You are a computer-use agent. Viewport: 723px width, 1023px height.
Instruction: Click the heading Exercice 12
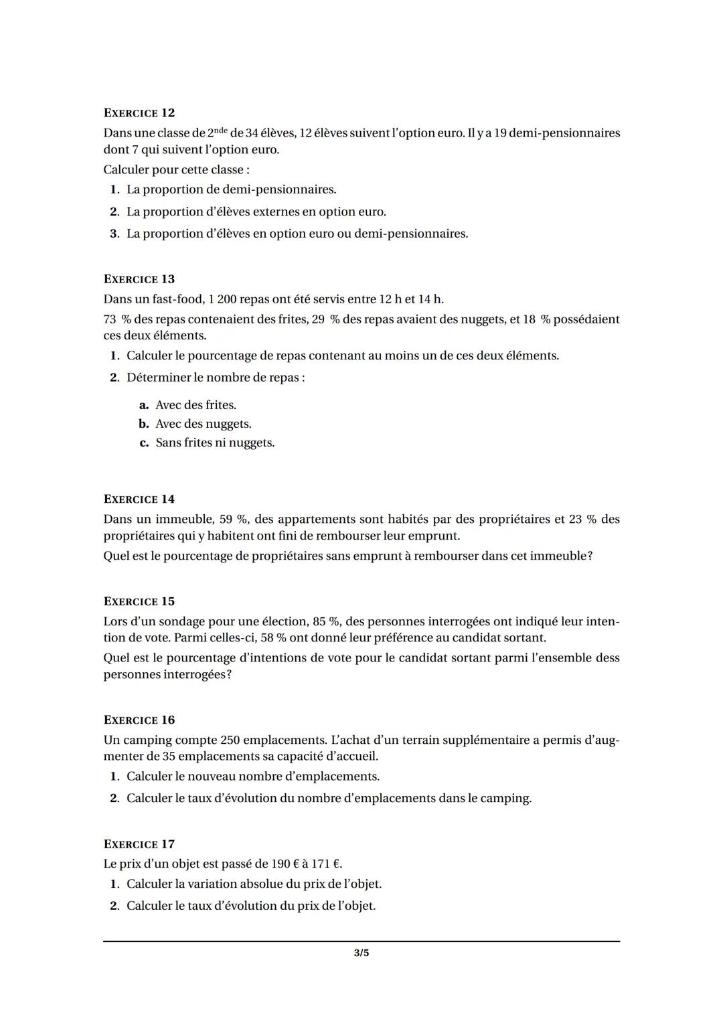click(139, 113)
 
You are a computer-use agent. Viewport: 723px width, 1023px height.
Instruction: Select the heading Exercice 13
click(139, 279)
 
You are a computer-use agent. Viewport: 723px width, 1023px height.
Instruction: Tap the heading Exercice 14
click(139, 499)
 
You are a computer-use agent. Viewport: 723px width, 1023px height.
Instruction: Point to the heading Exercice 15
click(139, 602)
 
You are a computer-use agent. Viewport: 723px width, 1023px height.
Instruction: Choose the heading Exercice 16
click(139, 720)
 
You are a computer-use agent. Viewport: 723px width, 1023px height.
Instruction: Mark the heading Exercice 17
click(139, 844)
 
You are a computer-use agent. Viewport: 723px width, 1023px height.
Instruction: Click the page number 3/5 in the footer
click(361, 953)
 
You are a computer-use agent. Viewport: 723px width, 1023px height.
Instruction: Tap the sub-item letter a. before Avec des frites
click(144, 406)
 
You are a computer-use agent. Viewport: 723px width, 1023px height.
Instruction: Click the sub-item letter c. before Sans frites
click(144, 443)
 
